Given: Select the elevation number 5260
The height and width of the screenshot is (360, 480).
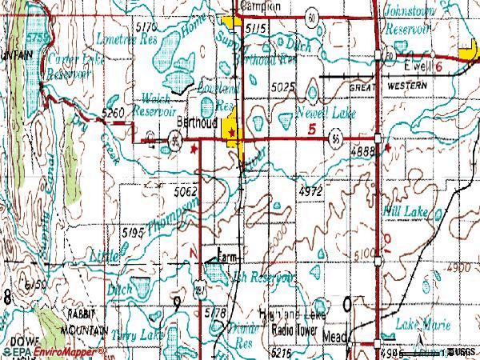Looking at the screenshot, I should (113, 115).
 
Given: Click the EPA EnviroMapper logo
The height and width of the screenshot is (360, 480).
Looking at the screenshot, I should (53, 352).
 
